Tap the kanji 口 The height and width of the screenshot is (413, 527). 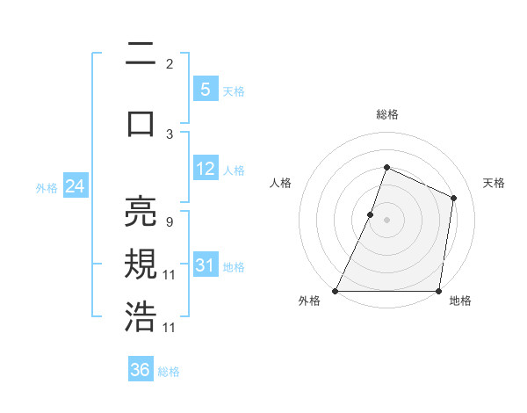point(141,123)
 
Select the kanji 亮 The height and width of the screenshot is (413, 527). point(141,214)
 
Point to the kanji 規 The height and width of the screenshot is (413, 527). point(141,264)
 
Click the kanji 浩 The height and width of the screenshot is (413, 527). point(141,316)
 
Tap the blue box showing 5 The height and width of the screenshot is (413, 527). point(205,90)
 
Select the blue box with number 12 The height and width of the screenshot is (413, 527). point(205,169)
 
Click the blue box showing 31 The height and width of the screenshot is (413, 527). point(205,265)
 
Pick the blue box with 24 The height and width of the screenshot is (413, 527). point(75,186)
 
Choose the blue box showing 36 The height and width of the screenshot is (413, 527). point(141,370)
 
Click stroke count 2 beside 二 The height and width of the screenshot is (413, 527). point(170,64)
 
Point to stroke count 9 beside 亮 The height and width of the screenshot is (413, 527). point(169,222)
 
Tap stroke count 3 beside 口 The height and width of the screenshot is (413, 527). point(170,134)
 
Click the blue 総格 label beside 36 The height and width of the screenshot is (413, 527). point(170,372)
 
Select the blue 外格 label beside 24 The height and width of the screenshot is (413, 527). point(47,187)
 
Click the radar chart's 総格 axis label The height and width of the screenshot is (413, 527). point(386,114)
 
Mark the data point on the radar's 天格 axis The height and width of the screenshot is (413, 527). point(454,198)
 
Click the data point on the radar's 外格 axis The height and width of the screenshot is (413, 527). point(335,291)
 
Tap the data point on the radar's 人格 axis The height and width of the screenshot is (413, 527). point(370,214)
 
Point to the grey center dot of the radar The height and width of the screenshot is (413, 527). point(386,220)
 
